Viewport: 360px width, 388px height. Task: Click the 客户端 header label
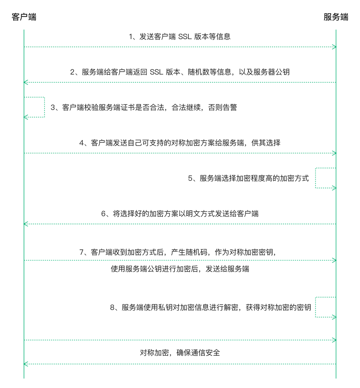pos(24,17)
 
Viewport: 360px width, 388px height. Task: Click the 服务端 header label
pos(336,17)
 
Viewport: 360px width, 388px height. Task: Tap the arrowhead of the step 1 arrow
pos(334,47)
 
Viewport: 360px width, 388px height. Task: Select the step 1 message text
pos(180,37)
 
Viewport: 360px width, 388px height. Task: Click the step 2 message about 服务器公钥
pos(180,72)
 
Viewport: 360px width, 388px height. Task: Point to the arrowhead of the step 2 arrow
pos(26,82)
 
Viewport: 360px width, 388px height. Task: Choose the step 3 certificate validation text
pos(144,108)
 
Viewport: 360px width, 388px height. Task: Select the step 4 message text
pos(180,143)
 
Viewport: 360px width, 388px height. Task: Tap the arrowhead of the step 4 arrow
pos(334,153)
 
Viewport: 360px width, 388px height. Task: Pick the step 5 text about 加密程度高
pos(248,178)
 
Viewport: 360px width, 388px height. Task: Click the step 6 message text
pos(180,214)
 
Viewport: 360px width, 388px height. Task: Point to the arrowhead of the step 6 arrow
pos(26,224)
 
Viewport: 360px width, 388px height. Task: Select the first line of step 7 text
pos(178,252)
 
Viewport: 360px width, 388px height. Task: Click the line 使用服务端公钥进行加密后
pos(180,269)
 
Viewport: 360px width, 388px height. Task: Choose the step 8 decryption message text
pos(210,307)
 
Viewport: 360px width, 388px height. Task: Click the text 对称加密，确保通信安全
pos(180,353)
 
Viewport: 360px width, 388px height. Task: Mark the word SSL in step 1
pos(185,37)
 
